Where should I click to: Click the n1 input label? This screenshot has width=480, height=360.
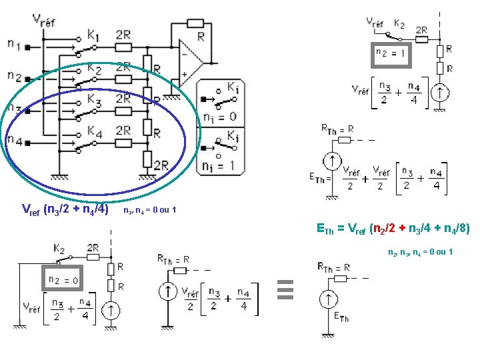14,44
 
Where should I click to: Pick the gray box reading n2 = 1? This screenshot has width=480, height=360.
391,53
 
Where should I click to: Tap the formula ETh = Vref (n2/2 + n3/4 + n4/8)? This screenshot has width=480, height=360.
393,229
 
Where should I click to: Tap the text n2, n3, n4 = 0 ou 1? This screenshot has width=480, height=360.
421,252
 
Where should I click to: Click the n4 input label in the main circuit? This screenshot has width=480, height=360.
14,140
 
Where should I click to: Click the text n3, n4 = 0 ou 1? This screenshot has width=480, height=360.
150,211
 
